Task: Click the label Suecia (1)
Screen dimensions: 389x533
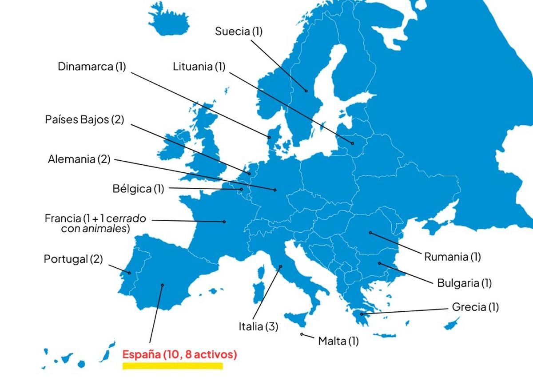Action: pos(239,32)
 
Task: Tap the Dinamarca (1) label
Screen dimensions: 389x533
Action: pos(92,67)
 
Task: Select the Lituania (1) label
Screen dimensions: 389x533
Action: pos(199,67)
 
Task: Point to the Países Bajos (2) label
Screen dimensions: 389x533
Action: pos(84,120)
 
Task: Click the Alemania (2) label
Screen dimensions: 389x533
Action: pos(79,159)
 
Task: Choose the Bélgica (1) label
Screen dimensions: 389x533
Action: pos(138,189)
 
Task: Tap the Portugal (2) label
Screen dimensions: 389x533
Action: pos(73,259)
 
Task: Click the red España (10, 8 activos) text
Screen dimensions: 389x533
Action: pos(179,355)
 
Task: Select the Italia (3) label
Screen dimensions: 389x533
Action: pos(259,327)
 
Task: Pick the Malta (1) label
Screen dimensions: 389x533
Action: pos(338,341)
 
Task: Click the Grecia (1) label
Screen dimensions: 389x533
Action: pos(475,307)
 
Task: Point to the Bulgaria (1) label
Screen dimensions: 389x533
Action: pos(465,283)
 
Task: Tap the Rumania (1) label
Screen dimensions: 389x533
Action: pos(453,257)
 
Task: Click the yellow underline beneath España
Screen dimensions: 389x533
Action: pos(173,366)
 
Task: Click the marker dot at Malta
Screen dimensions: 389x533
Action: pos(302,334)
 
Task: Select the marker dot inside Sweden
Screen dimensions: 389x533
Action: pos(306,91)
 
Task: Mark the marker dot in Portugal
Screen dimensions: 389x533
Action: pos(129,273)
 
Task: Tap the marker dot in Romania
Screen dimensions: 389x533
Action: pos(370,232)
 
